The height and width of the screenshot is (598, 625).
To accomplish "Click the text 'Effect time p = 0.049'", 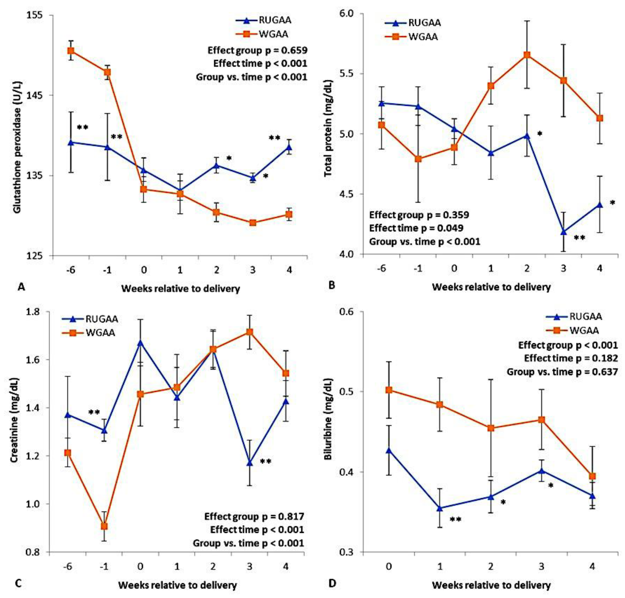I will coord(416,228).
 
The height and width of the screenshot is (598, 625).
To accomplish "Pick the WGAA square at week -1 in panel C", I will coord(104,526).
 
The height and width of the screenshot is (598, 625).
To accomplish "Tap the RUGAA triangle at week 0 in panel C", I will coord(140,343).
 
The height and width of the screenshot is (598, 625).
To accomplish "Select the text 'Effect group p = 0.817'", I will coord(254,516).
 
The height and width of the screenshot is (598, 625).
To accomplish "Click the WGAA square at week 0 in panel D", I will coord(388,390).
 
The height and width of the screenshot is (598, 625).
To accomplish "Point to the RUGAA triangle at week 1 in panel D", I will coord(440,508).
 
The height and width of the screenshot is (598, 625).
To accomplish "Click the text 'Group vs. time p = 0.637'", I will coord(562,372).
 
